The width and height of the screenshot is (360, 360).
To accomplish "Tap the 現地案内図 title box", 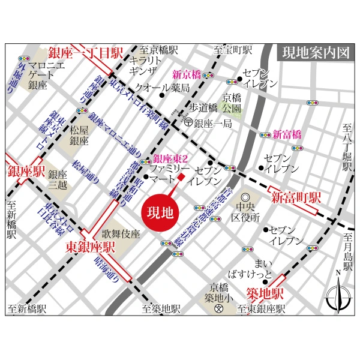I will (x=316, y=52).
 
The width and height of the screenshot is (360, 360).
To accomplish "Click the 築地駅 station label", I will (x=265, y=293).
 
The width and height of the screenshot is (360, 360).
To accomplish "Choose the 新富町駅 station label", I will (x=295, y=197).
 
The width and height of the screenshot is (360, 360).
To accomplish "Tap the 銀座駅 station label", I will (x=26, y=172).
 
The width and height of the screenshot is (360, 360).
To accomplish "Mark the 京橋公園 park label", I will (x=232, y=103).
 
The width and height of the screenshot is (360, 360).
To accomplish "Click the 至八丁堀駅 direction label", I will (x=346, y=148).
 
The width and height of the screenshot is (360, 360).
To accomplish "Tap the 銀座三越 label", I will (x=59, y=179).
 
